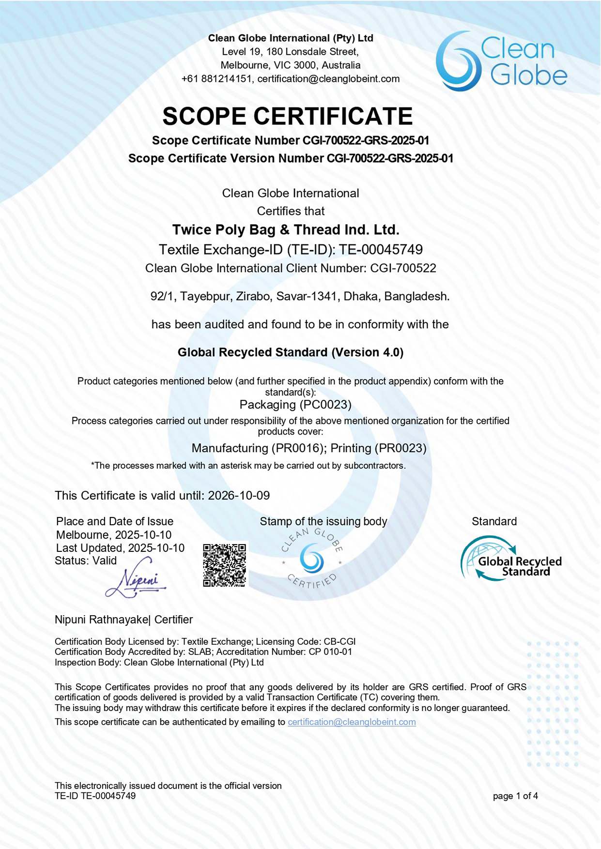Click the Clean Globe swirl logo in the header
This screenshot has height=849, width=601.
tap(458, 61)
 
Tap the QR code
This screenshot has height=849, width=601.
tap(224, 564)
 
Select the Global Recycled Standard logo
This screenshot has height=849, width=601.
tap(511, 560)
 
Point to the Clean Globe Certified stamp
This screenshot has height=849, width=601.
tap(312, 559)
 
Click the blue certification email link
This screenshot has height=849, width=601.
tap(352, 722)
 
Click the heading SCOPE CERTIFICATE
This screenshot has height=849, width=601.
tap(288, 116)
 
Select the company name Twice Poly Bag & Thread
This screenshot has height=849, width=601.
tap(286, 229)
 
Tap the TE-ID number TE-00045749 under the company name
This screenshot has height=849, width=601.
tap(381, 249)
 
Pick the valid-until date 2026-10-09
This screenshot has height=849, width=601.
tap(239, 496)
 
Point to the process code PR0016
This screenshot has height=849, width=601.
tap(297, 448)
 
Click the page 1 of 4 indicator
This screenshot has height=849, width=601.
tap(515, 796)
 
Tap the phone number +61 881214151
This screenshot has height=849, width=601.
tap(216, 78)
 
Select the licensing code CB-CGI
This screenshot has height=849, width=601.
tap(339, 642)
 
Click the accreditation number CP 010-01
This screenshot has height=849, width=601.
tap(330, 652)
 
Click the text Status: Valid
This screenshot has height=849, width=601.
tap(86, 561)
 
